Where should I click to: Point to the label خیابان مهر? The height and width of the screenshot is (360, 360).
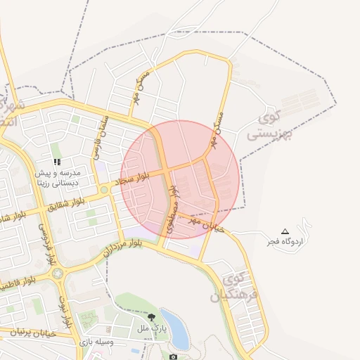pyautogui.click(x=198, y=224)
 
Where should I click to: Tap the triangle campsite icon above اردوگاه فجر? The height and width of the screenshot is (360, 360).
pyautogui.click(x=285, y=231)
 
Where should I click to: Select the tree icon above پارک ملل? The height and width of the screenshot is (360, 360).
pyautogui.click(x=152, y=317)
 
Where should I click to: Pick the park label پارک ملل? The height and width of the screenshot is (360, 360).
pyautogui.click(x=152, y=328)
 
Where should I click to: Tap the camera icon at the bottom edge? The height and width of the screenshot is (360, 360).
pyautogui.click(x=174, y=356)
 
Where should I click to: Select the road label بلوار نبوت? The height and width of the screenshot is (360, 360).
pyautogui.click(x=68, y=310)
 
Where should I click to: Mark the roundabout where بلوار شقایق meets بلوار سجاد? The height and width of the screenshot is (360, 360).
pyautogui.click(x=103, y=189)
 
